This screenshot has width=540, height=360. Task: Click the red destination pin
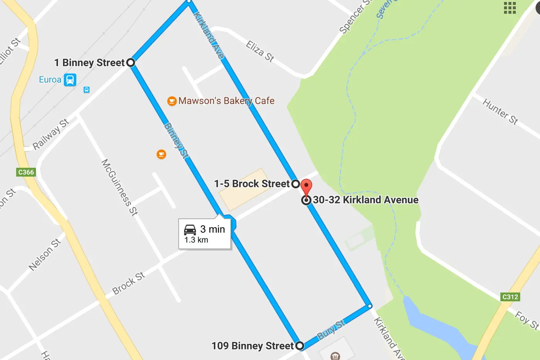coord(306,187)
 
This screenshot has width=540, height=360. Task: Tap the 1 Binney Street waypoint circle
coord(131,63)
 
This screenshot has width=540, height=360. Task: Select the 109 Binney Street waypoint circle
coord(300,346)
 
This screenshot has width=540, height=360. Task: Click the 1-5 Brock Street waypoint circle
coord(295,184)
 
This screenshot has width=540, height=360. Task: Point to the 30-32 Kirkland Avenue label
coord(365,200)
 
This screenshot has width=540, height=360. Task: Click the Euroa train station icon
coord(70,80)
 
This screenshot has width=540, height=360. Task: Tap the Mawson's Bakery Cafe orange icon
coord(172,101)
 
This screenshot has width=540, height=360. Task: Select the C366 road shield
coord(26,172)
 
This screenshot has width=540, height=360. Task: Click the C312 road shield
coord(510,297)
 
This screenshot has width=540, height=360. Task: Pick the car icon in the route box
coord(190,230)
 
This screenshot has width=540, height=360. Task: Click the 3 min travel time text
coord(213,229)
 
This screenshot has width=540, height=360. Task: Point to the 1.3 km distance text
coord(196,240)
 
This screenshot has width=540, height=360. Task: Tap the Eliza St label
coord(260,51)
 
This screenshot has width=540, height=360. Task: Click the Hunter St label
coord(500,111)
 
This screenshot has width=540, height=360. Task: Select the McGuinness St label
coord(119,187)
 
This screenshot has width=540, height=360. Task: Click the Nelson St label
coord(45,255)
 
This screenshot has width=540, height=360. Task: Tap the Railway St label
coord(51,134)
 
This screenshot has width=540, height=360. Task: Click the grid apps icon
coord(510,8)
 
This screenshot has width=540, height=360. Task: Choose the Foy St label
coord(526,320)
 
